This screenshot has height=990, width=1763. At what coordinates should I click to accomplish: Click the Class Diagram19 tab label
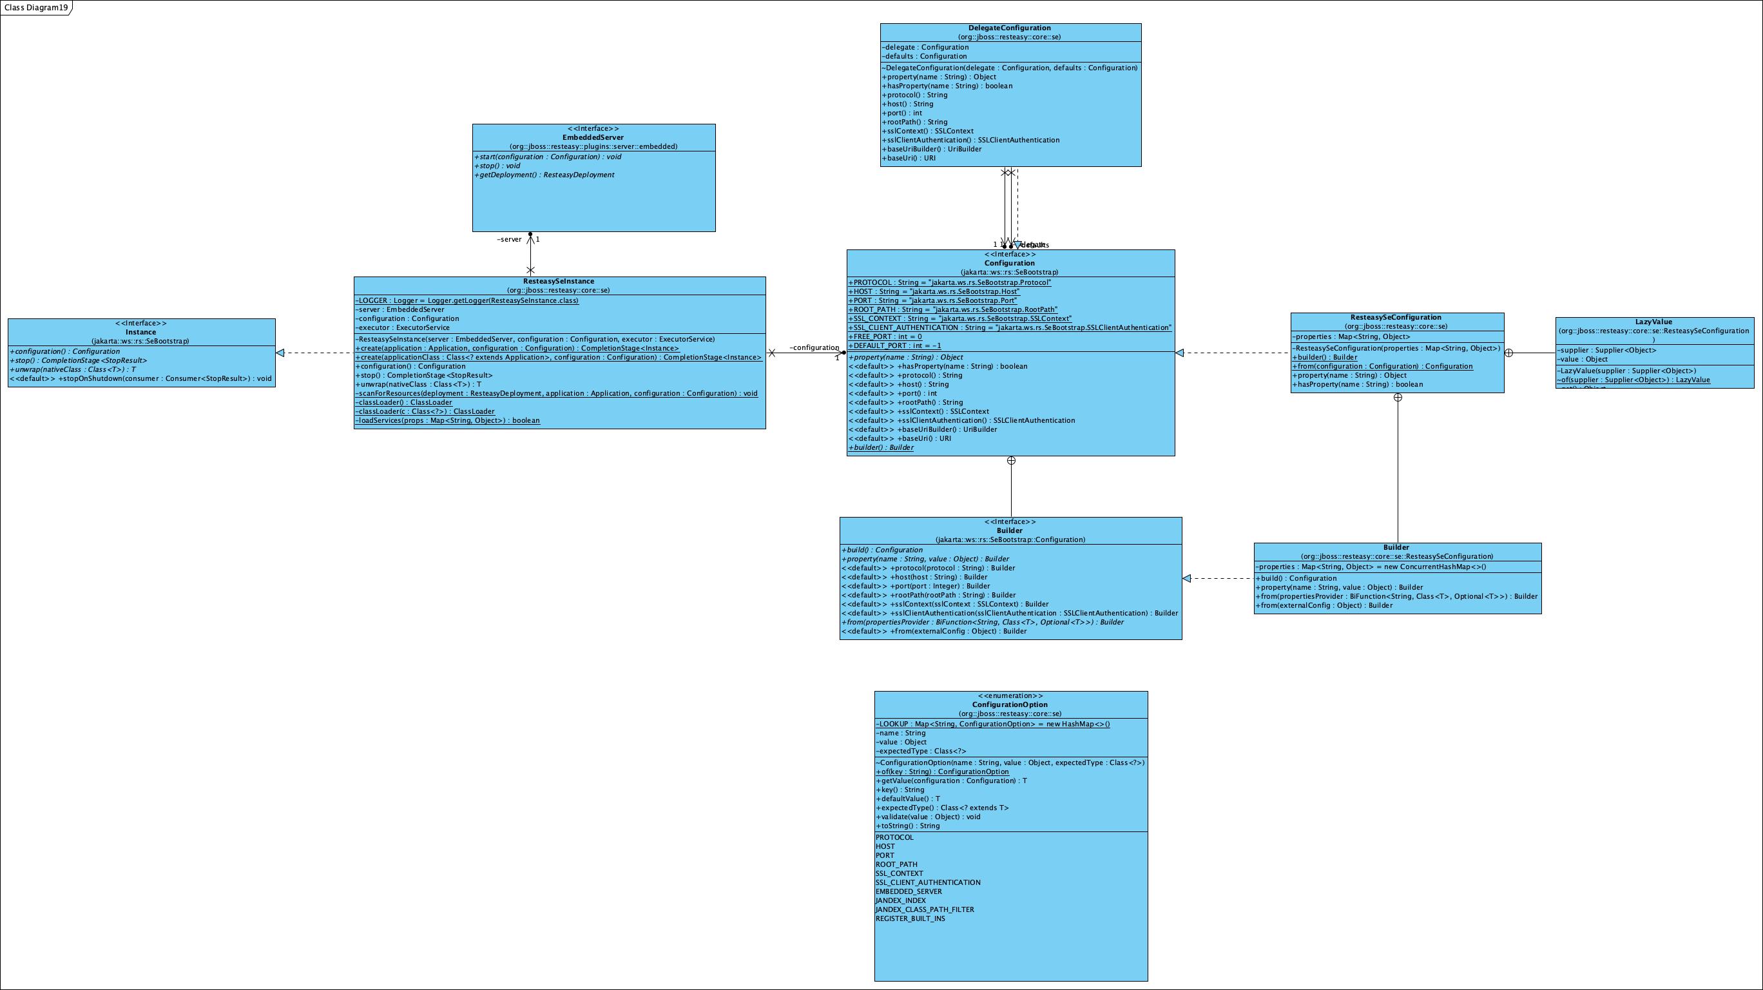pyautogui.click(x=35, y=8)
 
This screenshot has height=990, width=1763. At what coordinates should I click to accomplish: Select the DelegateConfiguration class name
pyautogui.click(x=1010, y=28)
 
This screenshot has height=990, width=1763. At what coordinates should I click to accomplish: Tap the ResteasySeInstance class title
pyautogui.click(x=559, y=282)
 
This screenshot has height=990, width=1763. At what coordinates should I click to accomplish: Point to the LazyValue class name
pyautogui.click(x=1653, y=322)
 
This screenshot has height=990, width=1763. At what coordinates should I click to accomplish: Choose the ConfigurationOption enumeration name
pyautogui.click(x=1010, y=704)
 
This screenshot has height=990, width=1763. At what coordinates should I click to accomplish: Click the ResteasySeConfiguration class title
pyautogui.click(x=1396, y=318)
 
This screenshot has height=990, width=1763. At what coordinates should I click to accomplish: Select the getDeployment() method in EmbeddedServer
pyautogui.click(x=544, y=175)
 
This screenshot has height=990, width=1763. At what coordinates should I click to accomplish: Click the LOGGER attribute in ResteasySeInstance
pyautogui.click(x=467, y=300)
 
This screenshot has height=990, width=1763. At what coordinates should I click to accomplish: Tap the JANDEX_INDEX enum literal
pyautogui.click(x=900, y=900)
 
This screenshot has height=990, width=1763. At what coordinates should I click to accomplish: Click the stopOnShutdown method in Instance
pyautogui.click(x=141, y=378)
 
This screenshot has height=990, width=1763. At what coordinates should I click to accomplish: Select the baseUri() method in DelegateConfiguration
pyautogui.click(x=908, y=158)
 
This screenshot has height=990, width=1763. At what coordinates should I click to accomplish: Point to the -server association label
pyautogui.click(x=509, y=240)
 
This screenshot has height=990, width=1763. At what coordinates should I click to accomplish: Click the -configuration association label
pyautogui.click(x=814, y=348)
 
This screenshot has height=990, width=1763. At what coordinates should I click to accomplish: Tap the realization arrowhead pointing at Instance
pyautogui.click(x=280, y=353)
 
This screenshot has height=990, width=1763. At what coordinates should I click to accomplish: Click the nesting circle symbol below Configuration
pyautogui.click(x=1011, y=461)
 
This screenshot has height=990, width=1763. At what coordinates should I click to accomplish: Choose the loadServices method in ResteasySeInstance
pyautogui.click(x=448, y=421)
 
